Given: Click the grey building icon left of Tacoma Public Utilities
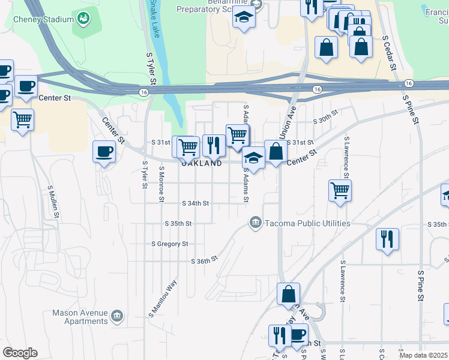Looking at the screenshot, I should pyautogui.click(x=256, y=223).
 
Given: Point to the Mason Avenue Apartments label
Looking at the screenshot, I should pyautogui.click(x=79, y=317).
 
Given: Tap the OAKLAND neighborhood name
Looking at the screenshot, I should pyautogui.click(x=202, y=163).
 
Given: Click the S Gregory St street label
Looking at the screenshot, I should pyautogui.click(x=170, y=244).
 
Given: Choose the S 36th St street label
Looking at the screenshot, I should pyautogui.click(x=203, y=261).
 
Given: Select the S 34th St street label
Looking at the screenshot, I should pyautogui.click(x=196, y=203).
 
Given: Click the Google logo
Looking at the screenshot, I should pyautogui.click(x=20, y=353).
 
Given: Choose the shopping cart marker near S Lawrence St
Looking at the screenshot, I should pyautogui.click(x=340, y=190).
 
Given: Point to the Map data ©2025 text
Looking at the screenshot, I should pyautogui.click(x=424, y=355).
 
